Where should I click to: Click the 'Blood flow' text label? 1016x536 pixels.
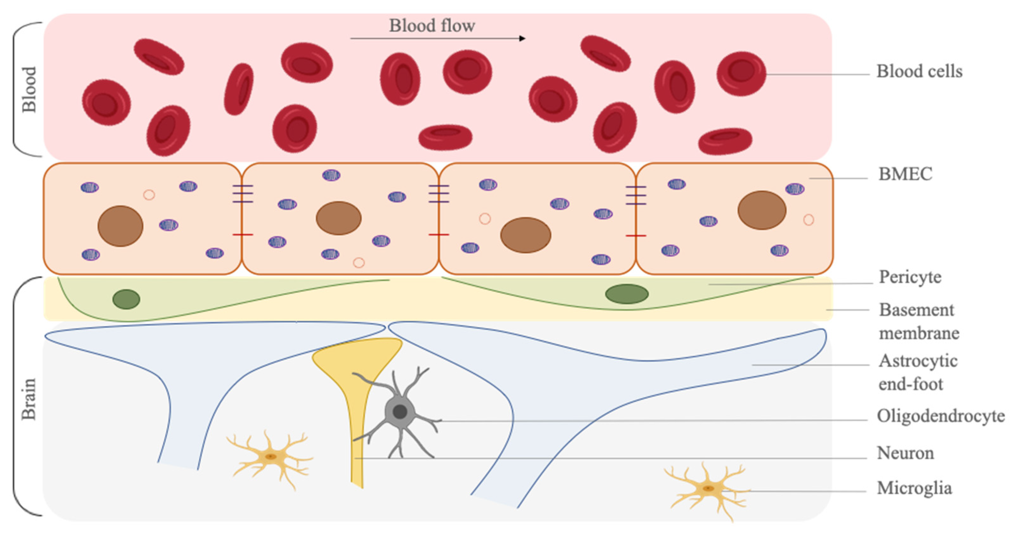(432, 26)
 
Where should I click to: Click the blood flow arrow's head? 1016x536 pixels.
(522, 38)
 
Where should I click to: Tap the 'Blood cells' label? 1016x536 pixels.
(919, 72)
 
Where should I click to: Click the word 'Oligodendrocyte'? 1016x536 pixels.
(941, 416)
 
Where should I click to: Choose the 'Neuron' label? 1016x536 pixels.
(905, 453)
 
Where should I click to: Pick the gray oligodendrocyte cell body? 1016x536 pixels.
(400, 411)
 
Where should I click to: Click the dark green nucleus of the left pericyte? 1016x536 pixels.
(126, 299)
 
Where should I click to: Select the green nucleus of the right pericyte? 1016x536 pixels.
(627, 294)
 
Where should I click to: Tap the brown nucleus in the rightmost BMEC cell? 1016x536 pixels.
(762, 210)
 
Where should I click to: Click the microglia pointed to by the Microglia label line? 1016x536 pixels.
(708, 489)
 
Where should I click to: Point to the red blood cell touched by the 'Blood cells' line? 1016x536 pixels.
(741, 74)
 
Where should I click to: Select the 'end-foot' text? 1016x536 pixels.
(911, 384)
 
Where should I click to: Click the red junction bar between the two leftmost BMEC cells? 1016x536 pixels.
(242, 235)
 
